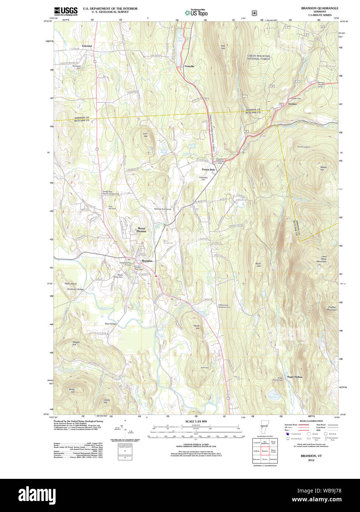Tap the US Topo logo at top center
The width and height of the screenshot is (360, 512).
click(196, 13)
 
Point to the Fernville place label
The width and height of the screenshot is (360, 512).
click(189, 66)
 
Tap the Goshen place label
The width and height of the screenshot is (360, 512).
click(293, 104)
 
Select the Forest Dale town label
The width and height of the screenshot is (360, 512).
click(208, 170)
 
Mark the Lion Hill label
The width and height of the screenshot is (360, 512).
click(145, 135)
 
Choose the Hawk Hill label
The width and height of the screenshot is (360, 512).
click(197, 327)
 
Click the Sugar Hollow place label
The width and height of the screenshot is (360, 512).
click(294, 377)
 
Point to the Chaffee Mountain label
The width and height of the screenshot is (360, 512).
click(332, 308)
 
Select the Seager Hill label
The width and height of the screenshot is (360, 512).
click(76, 343)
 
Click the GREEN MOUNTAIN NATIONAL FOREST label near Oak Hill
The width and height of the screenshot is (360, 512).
click(258, 57)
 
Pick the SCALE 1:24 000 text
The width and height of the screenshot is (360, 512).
click(196, 421)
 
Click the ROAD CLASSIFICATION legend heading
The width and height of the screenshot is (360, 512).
click(311, 421)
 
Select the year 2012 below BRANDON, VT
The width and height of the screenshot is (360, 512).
click(311, 460)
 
